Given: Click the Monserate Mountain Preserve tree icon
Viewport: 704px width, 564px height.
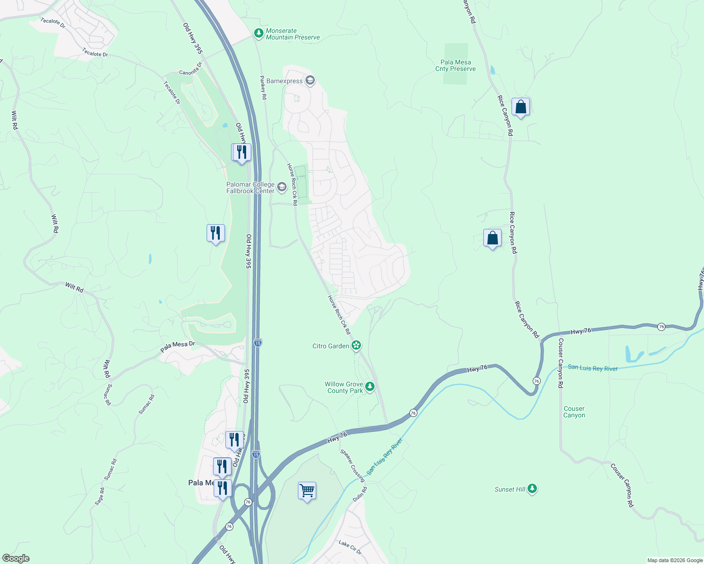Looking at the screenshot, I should point(258,33).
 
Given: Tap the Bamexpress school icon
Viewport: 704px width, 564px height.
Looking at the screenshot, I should point(310,81).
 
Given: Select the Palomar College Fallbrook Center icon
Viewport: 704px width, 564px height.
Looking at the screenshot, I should point(281,188).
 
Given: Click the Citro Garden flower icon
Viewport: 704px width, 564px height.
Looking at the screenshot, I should point(356,346).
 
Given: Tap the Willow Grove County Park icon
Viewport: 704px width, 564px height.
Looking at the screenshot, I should point(370,387).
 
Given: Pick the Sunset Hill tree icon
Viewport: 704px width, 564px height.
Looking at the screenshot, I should point(532,489).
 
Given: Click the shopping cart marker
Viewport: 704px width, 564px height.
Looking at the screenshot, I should point(307,491).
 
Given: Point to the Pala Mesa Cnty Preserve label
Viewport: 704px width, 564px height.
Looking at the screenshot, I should point(455,65).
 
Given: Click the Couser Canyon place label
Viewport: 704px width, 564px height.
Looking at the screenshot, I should point(574,412).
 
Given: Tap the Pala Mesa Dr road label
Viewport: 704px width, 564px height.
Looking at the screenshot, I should point(177,347).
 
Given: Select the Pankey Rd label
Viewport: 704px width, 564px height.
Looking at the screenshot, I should point(264,87).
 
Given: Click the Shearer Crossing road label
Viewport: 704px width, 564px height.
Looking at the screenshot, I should point(352,465).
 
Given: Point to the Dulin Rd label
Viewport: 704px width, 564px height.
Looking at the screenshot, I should point(360,494).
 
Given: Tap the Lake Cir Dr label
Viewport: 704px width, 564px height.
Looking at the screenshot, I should point(350,547).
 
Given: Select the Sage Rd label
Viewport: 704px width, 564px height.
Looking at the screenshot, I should point(100,496).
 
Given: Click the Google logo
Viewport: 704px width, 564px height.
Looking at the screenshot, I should point(16,558).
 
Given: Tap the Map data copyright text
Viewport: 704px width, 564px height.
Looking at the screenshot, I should point(674,560).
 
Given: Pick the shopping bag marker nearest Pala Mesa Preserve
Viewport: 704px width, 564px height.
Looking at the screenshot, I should point(520,107).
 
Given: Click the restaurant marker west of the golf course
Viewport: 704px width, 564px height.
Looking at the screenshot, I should point(216,233).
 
